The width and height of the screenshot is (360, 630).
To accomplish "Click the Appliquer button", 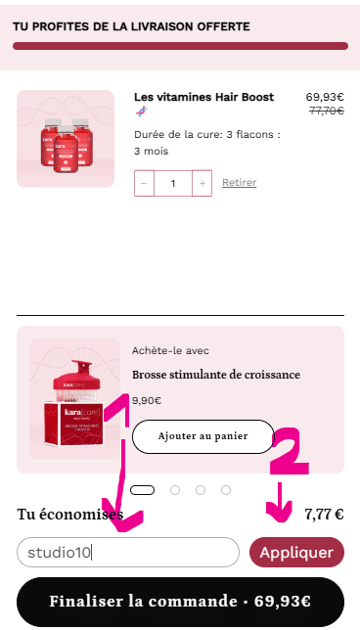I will point(296,553).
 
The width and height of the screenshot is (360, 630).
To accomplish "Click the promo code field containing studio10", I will point(127,553).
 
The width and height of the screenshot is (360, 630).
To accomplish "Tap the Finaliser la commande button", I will point(180,602).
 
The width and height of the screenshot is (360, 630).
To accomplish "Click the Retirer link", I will point(239,183).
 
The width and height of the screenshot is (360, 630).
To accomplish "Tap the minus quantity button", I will point(144,183).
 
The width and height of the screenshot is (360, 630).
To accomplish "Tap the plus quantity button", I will point(202,183).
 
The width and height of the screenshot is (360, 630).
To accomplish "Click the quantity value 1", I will point(173,183).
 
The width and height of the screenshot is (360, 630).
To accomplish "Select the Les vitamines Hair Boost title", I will point(203,98).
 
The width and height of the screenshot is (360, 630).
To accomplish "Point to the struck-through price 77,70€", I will point(326,112).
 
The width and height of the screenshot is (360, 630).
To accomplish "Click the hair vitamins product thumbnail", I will point(66,139).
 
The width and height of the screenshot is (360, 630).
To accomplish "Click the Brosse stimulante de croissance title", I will point(216,375).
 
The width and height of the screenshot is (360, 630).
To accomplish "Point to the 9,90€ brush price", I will point(147,400).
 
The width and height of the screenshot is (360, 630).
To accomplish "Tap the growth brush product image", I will point(74,399).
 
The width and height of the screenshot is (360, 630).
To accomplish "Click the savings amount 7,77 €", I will point(324,514).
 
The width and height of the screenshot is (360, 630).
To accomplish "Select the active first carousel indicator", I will point(143,490).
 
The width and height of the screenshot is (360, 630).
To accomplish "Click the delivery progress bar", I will point(180,46).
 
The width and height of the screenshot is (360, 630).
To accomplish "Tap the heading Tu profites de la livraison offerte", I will point(131,26).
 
